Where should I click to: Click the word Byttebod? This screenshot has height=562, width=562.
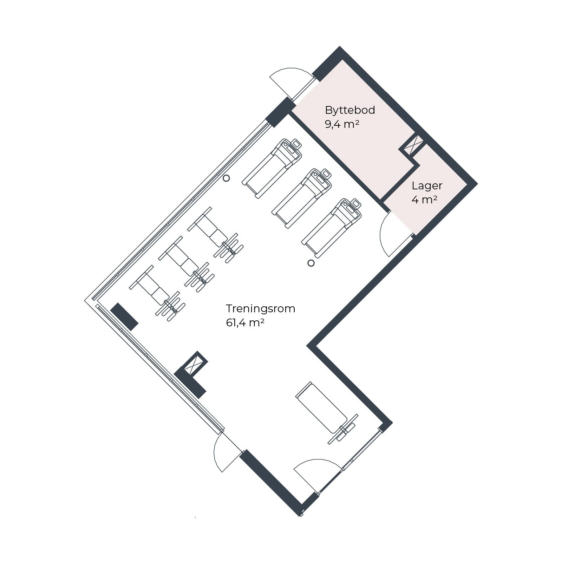[x=350, y=110]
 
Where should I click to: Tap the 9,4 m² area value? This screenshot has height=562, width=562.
[x=342, y=124]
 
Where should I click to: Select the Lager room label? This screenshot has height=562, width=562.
[x=427, y=186]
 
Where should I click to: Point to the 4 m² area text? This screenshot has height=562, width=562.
[x=424, y=200]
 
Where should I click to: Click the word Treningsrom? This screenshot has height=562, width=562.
[x=261, y=309]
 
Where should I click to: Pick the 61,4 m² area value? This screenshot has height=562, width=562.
[x=245, y=323]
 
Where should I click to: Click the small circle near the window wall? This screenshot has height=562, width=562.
[x=227, y=178]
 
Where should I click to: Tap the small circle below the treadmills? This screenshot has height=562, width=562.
[x=311, y=263]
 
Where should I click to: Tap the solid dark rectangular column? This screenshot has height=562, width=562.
[x=124, y=317]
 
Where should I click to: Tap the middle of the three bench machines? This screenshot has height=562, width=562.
[x=187, y=264]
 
